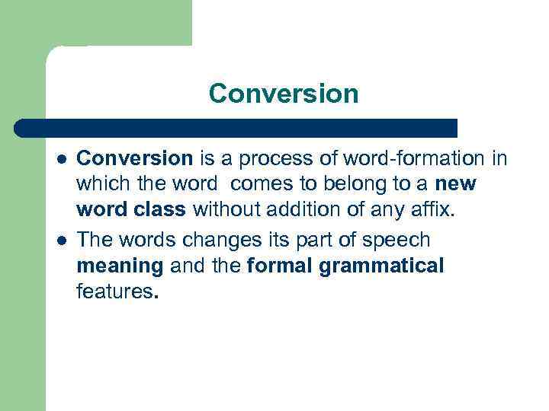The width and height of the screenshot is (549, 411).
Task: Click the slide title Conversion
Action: tap(283, 94)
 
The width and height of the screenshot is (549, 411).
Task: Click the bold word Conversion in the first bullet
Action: tap(134, 158)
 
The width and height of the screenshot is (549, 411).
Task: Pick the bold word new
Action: tap(454, 184)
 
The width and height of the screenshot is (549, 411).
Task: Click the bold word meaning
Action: tap(120, 266)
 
